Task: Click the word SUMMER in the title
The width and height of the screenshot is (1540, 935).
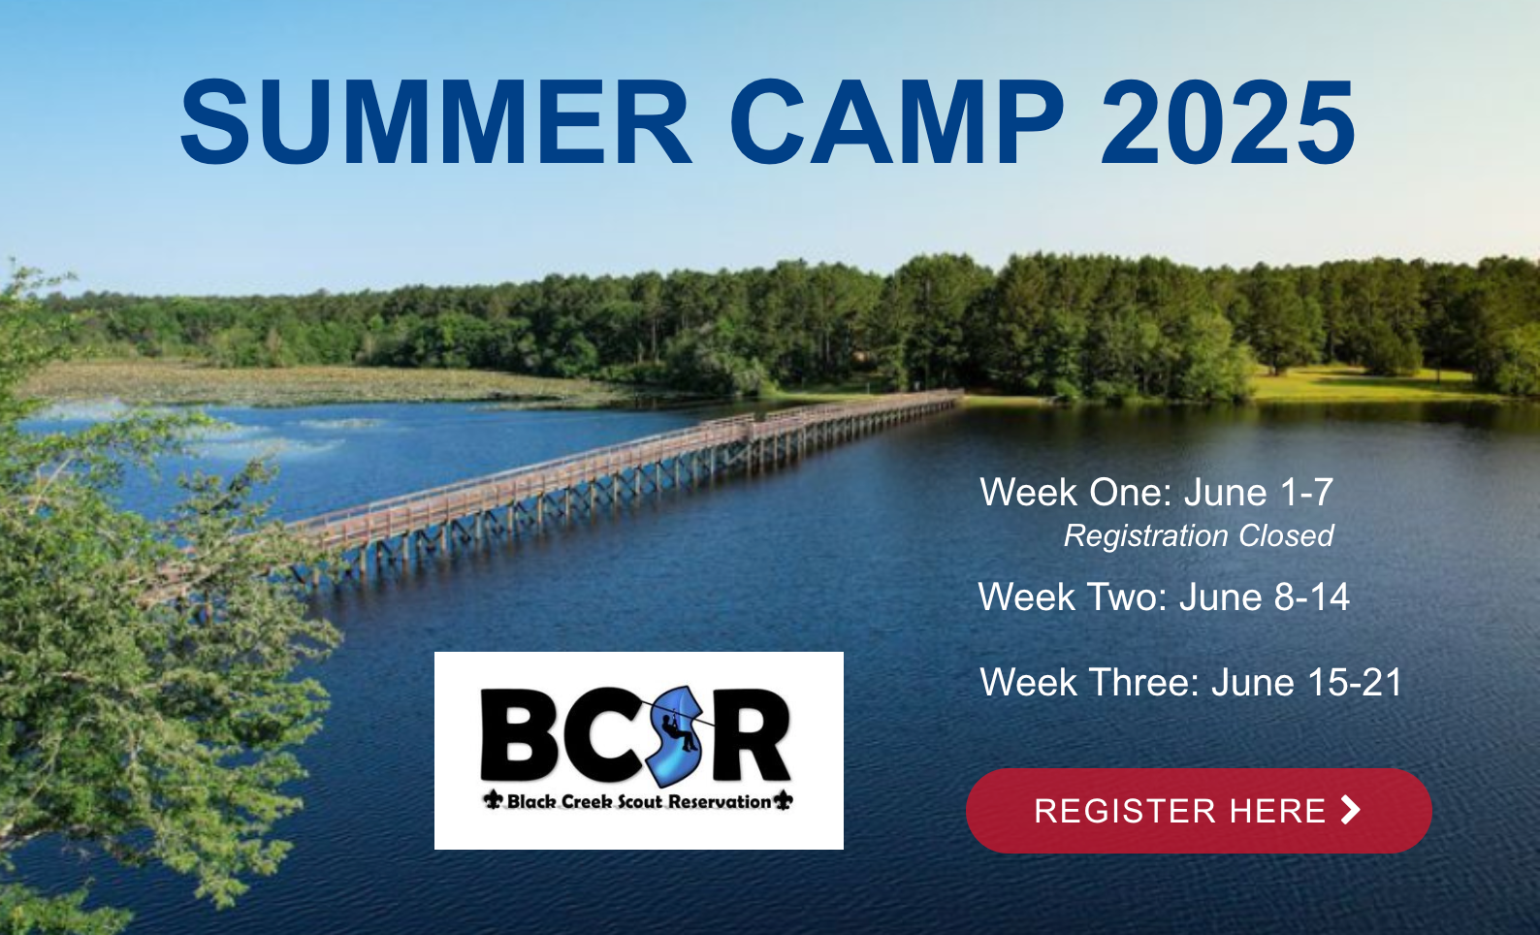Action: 435,121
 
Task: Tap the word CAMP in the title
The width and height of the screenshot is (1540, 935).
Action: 896,121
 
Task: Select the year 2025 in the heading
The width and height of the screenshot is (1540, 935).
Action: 1228,121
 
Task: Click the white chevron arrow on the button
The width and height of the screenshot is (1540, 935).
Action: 1350,810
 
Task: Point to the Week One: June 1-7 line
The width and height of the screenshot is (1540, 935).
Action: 1156,493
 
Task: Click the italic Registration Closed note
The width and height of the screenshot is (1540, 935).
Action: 1199,535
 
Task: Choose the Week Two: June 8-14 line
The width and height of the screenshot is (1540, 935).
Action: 1164,596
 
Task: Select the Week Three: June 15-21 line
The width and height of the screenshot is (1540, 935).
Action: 1191,682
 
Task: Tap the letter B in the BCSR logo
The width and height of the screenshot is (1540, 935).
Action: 519,733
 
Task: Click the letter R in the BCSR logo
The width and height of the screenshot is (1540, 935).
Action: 752,733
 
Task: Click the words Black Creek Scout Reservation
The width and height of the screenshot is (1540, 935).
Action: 639,801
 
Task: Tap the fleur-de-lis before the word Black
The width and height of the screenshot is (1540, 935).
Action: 493,799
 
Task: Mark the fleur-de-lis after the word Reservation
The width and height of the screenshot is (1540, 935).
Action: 783,799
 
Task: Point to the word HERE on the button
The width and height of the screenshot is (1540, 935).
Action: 1277,811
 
